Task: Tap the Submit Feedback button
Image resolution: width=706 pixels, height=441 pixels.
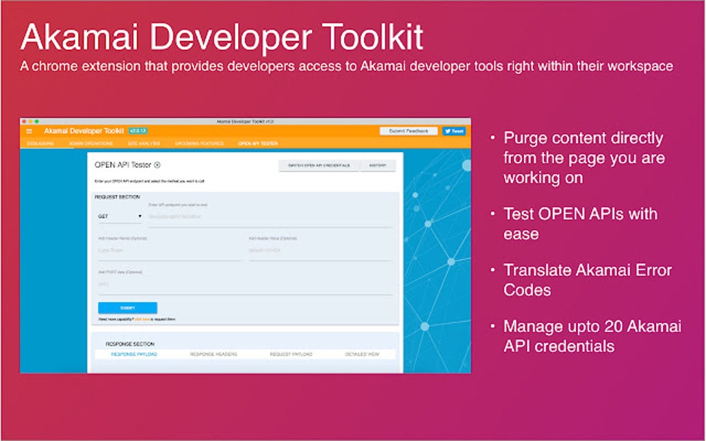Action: coord(408,131)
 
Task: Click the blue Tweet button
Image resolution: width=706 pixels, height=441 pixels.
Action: coord(454,131)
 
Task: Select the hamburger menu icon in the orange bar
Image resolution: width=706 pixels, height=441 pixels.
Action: coord(29,131)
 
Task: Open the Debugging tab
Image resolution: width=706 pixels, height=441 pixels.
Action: coord(40,144)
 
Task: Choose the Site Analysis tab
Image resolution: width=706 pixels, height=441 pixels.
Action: coord(144,144)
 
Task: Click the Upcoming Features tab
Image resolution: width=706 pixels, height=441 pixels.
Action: coord(199,144)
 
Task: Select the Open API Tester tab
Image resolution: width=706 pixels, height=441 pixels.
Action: coord(257,144)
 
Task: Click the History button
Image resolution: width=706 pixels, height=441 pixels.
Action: coord(378,166)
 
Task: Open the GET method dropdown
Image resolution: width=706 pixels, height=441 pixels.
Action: coord(120,216)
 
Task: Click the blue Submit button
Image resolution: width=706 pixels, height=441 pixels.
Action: coord(127,308)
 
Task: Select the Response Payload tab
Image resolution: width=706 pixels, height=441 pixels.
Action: coord(134,354)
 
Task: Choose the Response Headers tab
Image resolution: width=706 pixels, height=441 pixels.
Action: coord(213,354)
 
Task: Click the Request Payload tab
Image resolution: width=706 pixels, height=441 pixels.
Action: coord(291,354)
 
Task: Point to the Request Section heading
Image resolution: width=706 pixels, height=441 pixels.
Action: coord(117,197)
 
